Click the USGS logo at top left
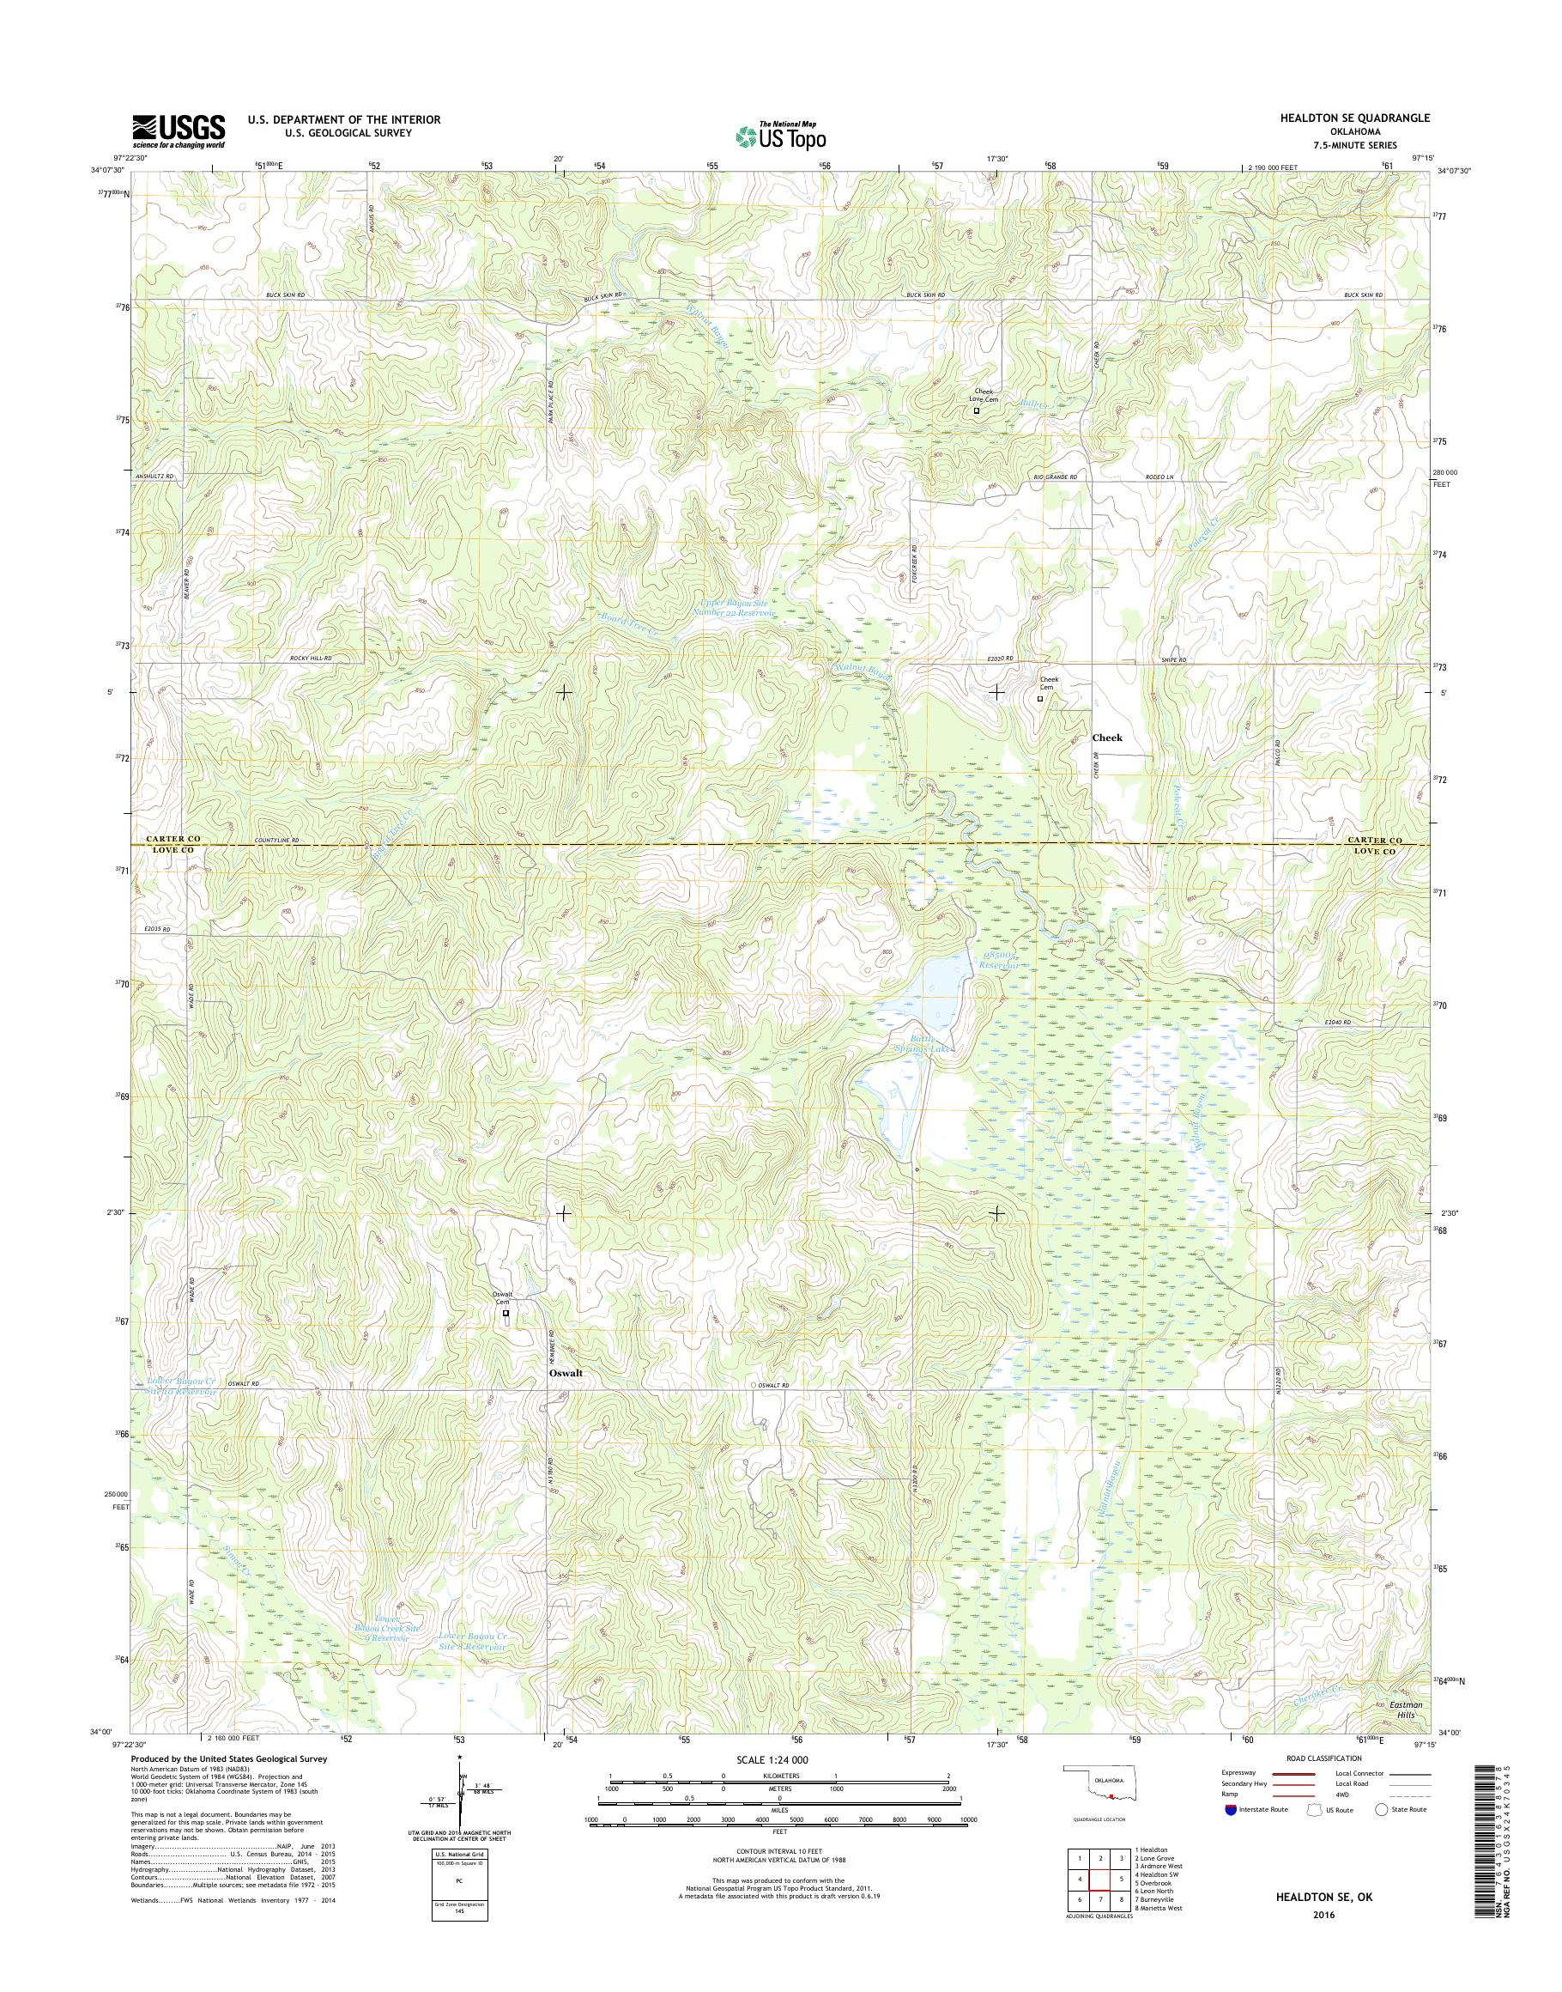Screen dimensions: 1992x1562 point(179,131)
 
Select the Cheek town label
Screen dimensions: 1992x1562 point(1106,738)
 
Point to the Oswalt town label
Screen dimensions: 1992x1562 point(566,1374)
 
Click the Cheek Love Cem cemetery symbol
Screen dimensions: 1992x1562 point(976,410)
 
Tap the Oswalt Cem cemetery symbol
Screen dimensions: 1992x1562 point(506,1313)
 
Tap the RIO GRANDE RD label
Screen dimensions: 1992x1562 point(1056,477)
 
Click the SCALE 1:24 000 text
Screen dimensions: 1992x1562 point(772,1759)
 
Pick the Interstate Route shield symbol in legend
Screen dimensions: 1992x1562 point(1230,1809)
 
